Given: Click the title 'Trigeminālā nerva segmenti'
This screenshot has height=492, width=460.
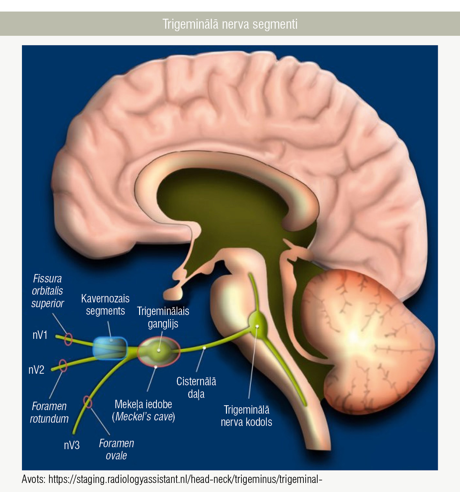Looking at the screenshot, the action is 230,24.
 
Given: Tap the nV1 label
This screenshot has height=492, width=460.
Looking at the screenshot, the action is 40,335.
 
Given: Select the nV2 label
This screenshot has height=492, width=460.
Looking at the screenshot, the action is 36,370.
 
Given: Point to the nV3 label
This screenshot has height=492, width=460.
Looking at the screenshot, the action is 72,445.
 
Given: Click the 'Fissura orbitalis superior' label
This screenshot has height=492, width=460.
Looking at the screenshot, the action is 47,291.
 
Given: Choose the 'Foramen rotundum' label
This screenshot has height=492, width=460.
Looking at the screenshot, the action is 49,412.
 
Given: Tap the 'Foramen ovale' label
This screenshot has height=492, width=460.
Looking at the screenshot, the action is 117,449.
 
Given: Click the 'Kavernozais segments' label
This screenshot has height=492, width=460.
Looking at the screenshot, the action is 105,305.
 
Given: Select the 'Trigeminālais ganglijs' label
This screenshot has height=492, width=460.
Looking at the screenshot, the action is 163,317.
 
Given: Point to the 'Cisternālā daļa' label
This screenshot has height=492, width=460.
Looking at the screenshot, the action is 196,388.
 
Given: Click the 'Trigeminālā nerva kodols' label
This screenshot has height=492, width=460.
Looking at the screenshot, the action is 247,416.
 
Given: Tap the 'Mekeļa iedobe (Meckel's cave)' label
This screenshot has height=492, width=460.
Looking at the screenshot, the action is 144,410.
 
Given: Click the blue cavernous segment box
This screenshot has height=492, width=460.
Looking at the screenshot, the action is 110,348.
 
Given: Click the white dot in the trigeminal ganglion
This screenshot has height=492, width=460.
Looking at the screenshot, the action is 159,350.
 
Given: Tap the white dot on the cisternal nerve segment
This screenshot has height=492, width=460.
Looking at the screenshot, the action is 204,348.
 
